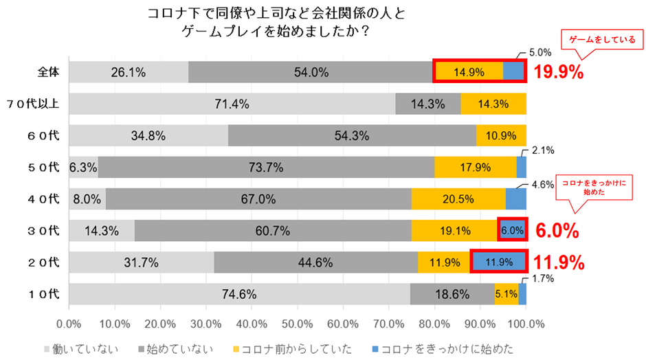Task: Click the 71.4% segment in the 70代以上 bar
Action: click(x=232, y=104)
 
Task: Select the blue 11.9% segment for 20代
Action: click(x=500, y=262)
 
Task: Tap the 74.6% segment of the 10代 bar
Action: click(x=239, y=294)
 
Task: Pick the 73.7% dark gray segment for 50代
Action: click(x=267, y=167)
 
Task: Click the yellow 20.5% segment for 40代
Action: click(x=458, y=199)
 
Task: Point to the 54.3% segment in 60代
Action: click(x=352, y=135)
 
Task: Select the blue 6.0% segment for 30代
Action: click(x=512, y=231)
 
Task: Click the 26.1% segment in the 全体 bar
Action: click(x=129, y=71)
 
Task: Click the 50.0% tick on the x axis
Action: click(x=298, y=323)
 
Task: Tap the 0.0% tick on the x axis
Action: click(x=69, y=323)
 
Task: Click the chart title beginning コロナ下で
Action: click(x=274, y=23)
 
